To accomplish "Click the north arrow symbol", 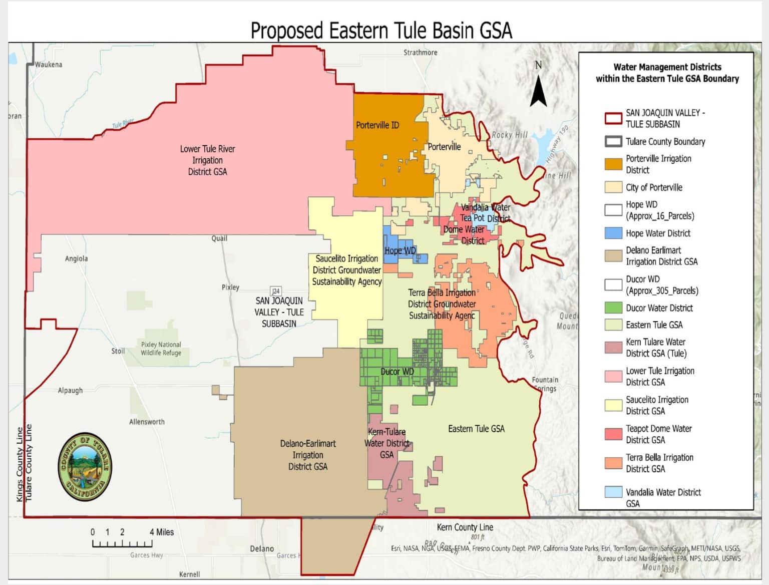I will (x=538, y=90).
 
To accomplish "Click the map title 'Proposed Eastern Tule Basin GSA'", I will (x=381, y=31).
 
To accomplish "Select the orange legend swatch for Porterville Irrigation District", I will (x=613, y=164).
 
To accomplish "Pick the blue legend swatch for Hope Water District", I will (x=613, y=233).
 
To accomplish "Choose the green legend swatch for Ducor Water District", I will (x=613, y=308).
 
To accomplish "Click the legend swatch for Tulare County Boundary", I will (x=613, y=142).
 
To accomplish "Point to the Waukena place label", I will (x=49, y=65).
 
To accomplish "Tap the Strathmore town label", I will (x=420, y=53).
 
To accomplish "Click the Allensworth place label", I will (x=147, y=422).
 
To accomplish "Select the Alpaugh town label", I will (x=70, y=391).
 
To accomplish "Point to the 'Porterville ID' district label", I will (x=377, y=125).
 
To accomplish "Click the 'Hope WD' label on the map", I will (x=400, y=251).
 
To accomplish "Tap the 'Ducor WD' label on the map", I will (x=397, y=372).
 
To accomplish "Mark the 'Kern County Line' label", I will (x=465, y=527).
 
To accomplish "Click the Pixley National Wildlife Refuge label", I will (x=161, y=349).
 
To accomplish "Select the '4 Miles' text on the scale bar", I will (x=162, y=532).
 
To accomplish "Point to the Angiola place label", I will (x=76, y=259).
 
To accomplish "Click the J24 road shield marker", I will (x=275, y=291).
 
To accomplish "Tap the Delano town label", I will (x=262, y=549).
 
